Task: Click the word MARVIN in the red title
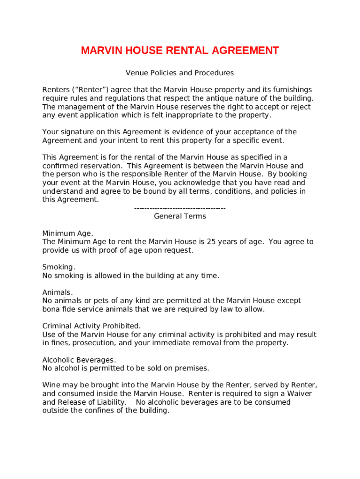click(100, 51)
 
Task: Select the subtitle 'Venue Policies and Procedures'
click(180, 73)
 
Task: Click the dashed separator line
click(180, 208)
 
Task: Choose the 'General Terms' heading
click(180, 216)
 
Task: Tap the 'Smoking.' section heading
click(58, 267)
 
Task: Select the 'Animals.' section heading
click(58, 292)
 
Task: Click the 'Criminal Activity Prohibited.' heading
click(92, 326)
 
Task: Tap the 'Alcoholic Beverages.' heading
click(79, 360)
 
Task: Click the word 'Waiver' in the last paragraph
click(300, 394)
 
